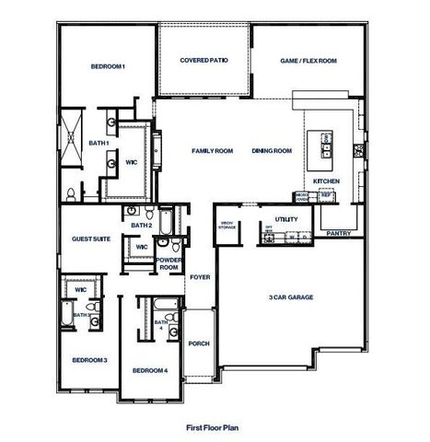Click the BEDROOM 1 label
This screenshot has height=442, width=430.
click(108, 67)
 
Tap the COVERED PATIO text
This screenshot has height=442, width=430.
click(203, 61)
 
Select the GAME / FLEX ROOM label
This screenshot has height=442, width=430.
click(308, 61)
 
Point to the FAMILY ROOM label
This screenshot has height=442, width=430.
click(212, 151)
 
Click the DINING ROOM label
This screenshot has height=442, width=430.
click(272, 151)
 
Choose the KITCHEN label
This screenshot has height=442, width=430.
click(326, 180)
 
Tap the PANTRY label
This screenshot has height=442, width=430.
click(339, 234)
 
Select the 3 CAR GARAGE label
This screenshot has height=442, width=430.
click(288, 297)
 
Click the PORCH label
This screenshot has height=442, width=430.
click(199, 343)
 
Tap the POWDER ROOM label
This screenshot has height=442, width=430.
click(169, 263)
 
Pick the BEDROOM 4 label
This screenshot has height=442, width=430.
click(149, 370)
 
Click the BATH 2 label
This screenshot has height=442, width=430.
click(141, 225)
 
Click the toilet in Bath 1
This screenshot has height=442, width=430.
click(70, 193)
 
